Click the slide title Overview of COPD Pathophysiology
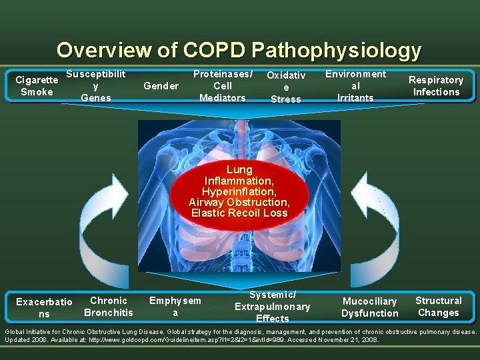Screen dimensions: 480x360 coord(239,50)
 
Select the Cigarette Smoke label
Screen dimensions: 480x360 coord(37,86)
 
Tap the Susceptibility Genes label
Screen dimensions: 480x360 coord(96,86)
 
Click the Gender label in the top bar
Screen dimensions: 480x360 coord(161,86)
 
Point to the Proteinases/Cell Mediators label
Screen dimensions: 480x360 coord(223,86)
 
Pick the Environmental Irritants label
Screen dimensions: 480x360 coord(355,86)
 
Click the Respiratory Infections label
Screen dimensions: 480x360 coord(436,86)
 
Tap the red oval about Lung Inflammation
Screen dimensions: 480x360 coord(239,191)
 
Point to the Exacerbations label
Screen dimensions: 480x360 coord(44,308)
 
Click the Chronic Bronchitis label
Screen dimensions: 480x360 coord(109,307)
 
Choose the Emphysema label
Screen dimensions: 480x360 coord(175,307)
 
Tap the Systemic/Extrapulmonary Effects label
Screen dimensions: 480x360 coord(272,307)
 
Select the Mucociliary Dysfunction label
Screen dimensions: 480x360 coord(369,307)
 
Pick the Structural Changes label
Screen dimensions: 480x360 coord(438,307)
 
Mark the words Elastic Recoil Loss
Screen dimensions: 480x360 coord(239,213)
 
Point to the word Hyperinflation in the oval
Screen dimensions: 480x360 coord(239,191)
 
